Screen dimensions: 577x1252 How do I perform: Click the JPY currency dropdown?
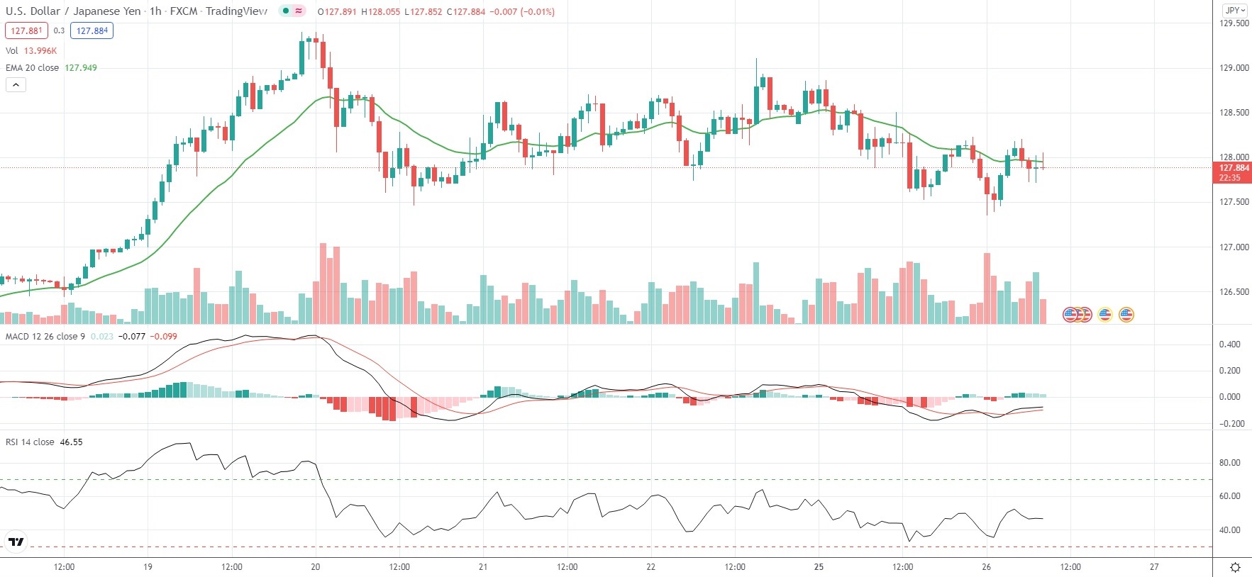point(1235,11)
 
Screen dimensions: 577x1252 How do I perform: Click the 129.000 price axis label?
point(1234,68)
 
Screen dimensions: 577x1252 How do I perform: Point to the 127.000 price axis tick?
point(1234,247)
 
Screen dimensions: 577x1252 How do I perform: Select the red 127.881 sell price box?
point(26,31)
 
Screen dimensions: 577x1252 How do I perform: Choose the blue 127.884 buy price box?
point(92,31)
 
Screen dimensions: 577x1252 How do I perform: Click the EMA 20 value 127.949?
point(81,68)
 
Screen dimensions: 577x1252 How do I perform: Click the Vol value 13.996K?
point(40,51)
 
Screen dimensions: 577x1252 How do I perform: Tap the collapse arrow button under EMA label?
point(16,85)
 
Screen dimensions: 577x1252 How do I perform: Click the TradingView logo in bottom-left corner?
point(16,542)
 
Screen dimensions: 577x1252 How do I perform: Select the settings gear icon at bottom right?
point(1235,567)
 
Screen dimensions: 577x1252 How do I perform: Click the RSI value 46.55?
point(71,442)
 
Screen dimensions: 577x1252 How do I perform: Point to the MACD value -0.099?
point(165,337)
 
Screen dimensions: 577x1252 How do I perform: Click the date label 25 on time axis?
point(819,567)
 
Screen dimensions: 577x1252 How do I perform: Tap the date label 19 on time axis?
point(148,567)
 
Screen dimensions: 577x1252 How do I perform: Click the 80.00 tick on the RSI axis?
point(1229,463)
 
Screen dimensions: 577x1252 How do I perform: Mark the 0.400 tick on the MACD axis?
point(1229,344)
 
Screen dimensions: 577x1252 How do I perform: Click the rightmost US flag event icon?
point(1126,314)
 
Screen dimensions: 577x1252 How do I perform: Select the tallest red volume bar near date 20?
point(323,284)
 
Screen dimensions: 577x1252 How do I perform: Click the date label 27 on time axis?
point(1154,567)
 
